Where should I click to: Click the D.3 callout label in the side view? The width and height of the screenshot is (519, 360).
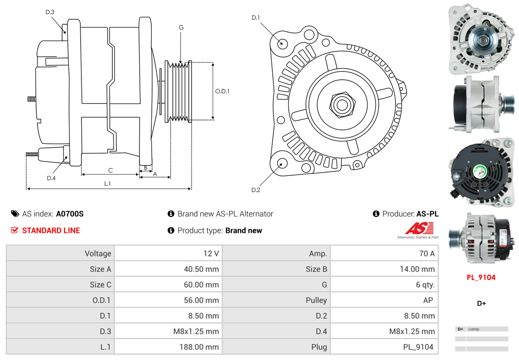(x=50, y=12)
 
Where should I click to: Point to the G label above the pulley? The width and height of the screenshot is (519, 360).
(x=181, y=28)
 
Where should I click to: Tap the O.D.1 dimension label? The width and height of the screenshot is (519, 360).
(x=222, y=91)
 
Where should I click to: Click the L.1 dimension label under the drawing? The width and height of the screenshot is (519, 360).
(x=107, y=184)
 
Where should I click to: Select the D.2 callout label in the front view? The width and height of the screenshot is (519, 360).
(x=256, y=190)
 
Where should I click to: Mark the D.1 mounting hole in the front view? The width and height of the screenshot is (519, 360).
(x=282, y=43)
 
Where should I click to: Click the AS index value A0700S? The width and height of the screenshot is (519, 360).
(x=70, y=214)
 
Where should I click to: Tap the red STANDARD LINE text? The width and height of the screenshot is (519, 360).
(x=51, y=231)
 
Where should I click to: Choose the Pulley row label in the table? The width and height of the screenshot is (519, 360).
(x=316, y=300)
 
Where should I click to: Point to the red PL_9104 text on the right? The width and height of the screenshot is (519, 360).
(x=481, y=277)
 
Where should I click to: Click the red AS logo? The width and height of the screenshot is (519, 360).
(x=419, y=228)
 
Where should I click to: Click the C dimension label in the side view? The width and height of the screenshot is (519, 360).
(x=110, y=170)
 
